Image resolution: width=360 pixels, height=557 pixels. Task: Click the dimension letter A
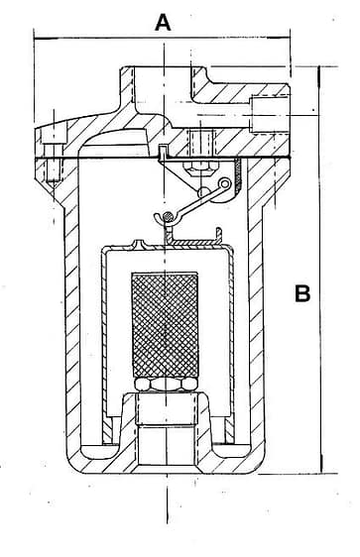tap(163, 22)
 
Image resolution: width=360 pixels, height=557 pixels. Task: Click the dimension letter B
tap(302, 293)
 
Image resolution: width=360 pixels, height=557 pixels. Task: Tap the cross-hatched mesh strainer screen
tap(165, 325)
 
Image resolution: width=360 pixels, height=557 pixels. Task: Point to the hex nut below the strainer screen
tap(166, 385)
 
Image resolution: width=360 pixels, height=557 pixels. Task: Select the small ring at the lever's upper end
tap(225, 183)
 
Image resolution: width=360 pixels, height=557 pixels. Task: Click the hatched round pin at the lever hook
tap(168, 216)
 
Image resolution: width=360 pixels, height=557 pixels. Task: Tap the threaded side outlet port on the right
tap(269, 114)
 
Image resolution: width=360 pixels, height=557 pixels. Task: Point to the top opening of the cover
tap(163, 84)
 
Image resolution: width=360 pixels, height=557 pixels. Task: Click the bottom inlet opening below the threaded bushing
tap(167, 445)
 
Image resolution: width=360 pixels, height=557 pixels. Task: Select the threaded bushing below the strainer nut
tap(167, 408)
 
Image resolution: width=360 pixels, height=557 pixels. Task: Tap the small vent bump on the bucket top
tap(142, 244)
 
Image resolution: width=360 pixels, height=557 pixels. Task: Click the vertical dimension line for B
tap(320, 270)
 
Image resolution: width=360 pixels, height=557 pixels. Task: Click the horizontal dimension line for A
tap(162, 38)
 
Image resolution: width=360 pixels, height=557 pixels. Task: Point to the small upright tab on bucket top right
tap(219, 233)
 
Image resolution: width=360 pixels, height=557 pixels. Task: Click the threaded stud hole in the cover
tap(201, 143)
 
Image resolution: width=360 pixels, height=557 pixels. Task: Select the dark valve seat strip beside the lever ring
tap(237, 176)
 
